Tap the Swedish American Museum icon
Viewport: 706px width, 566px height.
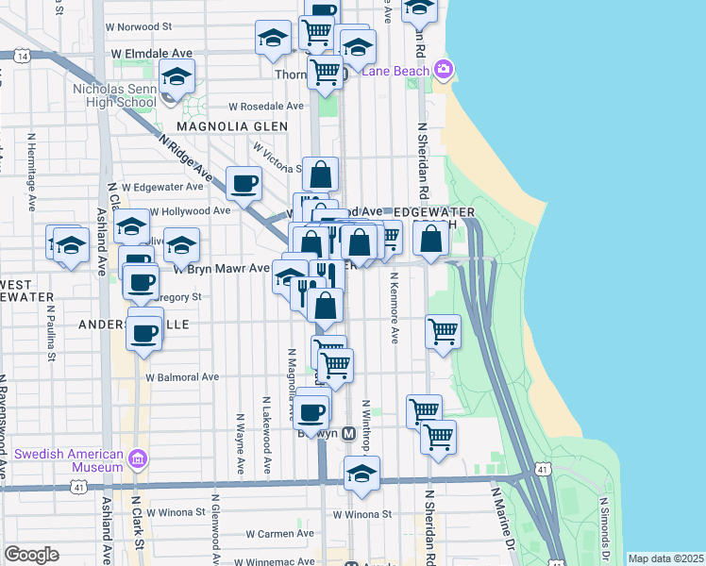pyautogui.click(x=138, y=459)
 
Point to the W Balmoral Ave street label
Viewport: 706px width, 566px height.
pyautogui.click(x=181, y=376)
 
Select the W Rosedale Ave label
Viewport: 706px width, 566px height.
pyautogui.click(x=265, y=106)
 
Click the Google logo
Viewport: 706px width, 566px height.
pyautogui.click(x=31, y=555)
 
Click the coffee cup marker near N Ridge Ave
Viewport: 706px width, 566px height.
pyautogui.click(x=244, y=182)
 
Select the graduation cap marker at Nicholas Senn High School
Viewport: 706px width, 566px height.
pyautogui.click(x=176, y=75)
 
